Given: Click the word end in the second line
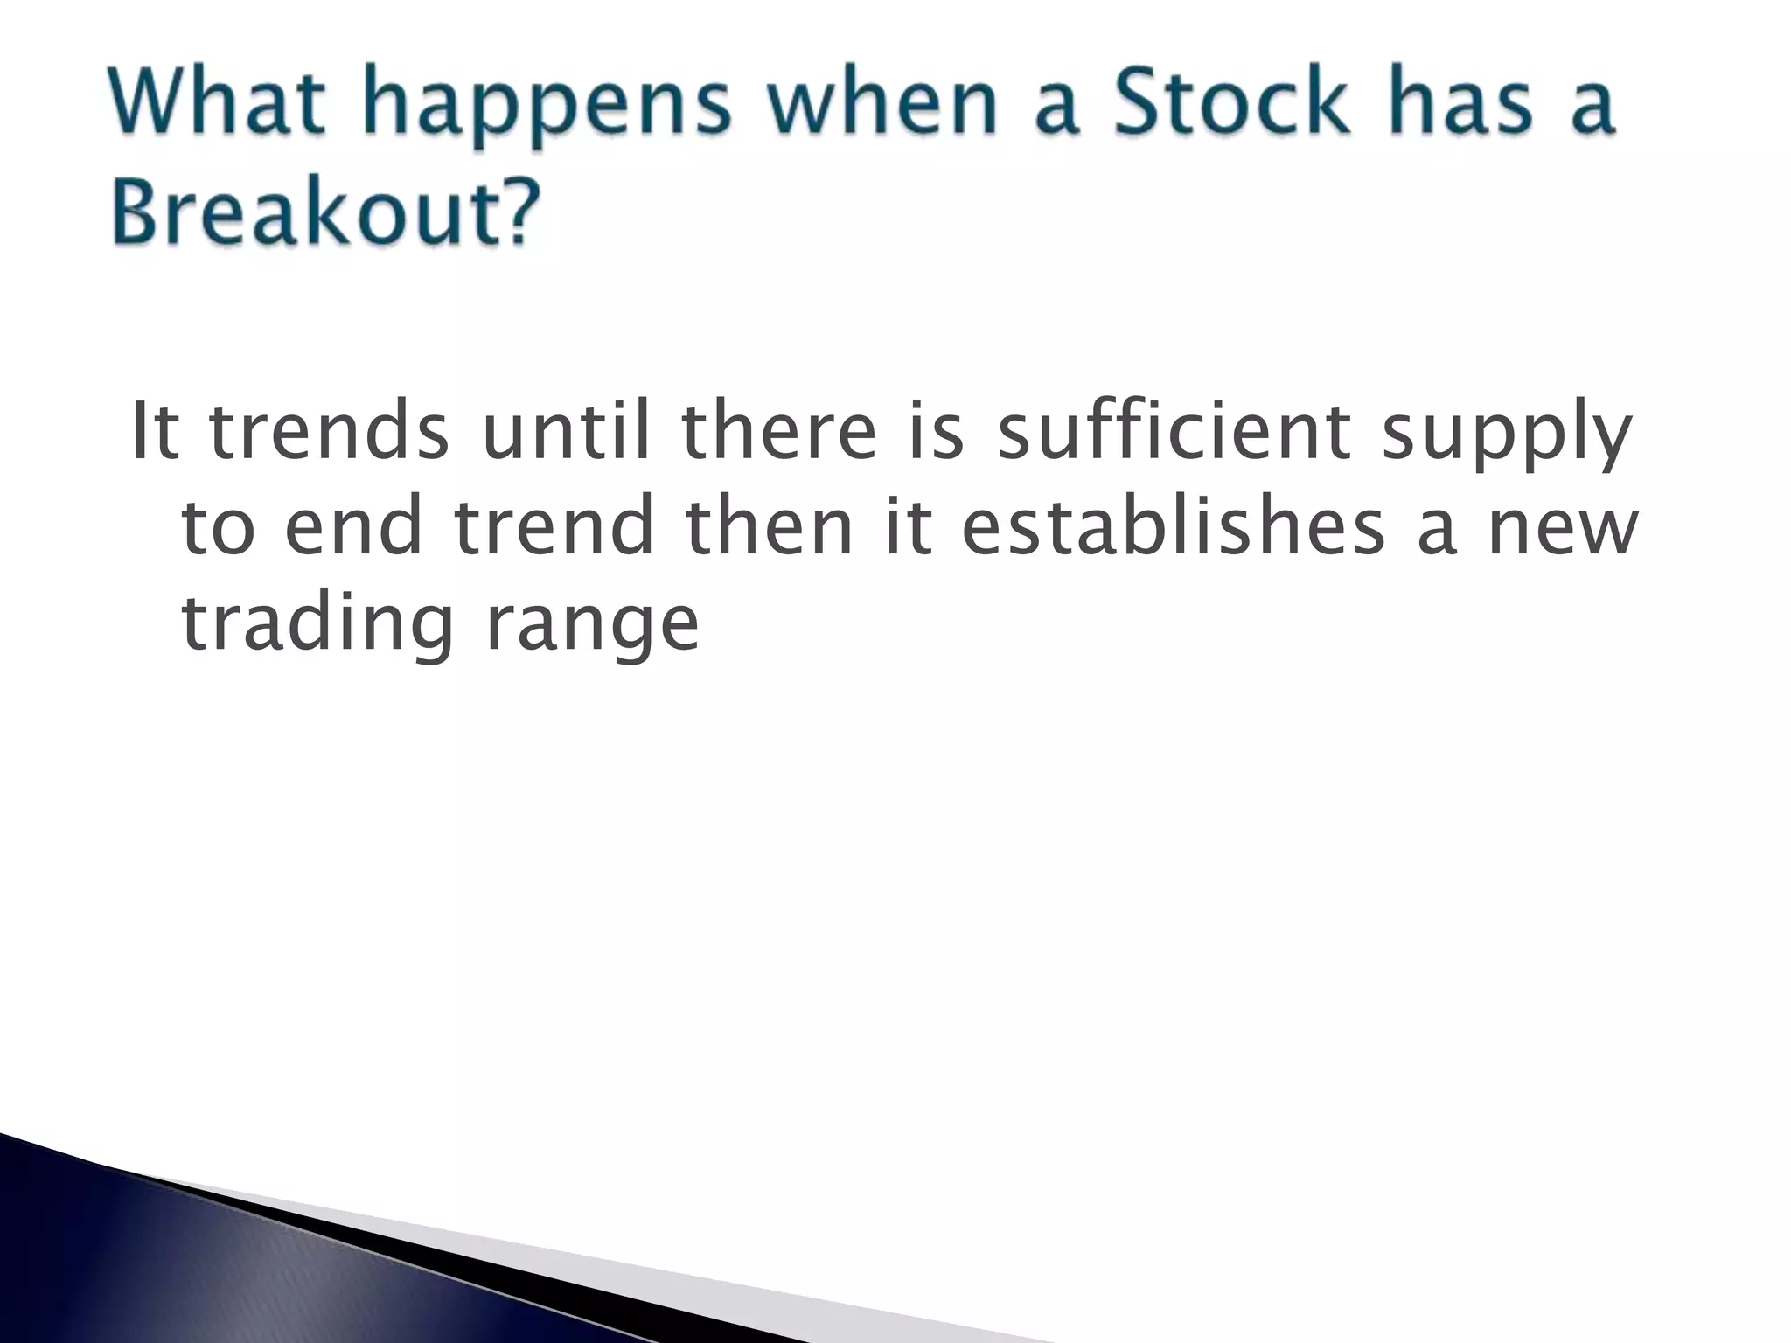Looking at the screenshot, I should click(353, 526).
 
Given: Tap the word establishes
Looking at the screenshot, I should click(1173, 526).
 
